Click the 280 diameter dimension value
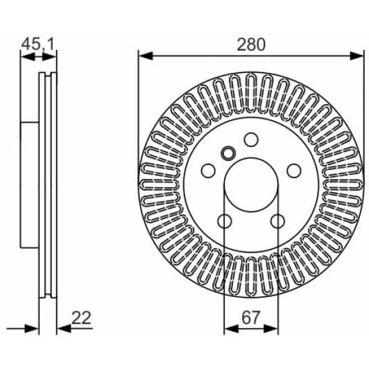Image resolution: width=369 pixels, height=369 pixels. pyautogui.click(x=250, y=44)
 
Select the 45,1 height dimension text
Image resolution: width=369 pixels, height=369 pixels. pyautogui.click(x=38, y=44)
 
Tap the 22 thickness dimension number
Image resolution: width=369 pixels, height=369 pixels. pyautogui.click(x=81, y=318)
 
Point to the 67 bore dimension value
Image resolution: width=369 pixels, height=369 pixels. pyautogui.click(x=250, y=318)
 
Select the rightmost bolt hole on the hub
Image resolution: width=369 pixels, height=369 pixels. pyautogui.click(x=294, y=170)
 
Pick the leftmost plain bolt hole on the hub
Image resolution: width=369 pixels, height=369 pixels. pyautogui.click(x=207, y=170)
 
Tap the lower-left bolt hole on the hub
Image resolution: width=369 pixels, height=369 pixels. pyautogui.click(x=224, y=221)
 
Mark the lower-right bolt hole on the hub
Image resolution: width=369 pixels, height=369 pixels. pyautogui.click(x=277, y=221)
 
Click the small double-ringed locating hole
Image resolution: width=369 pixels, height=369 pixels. pyautogui.click(x=228, y=153)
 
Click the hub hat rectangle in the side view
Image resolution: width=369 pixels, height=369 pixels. pyautogui.click(x=30, y=184)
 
